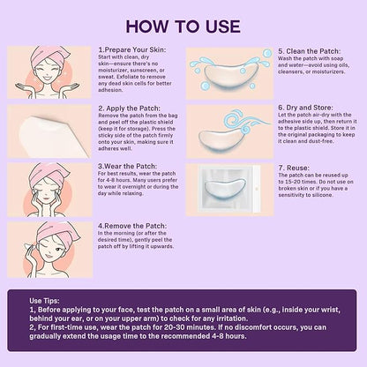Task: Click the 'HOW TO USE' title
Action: point(183,26)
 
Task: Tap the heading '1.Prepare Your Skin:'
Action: point(132,49)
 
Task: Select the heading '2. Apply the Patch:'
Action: point(130,109)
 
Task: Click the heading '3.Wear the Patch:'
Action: point(127,166)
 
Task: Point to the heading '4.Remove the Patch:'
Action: point(132,226)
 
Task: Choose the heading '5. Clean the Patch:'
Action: point(310,51)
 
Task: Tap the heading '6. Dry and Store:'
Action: point(305,108)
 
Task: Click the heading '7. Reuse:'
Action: point(294,168)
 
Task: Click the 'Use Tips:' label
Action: point(44,301)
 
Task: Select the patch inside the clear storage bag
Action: point(226,187)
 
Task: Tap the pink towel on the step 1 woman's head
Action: point(49,55)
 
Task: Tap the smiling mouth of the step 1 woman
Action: point(48,79)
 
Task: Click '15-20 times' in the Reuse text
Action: point(297,182)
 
